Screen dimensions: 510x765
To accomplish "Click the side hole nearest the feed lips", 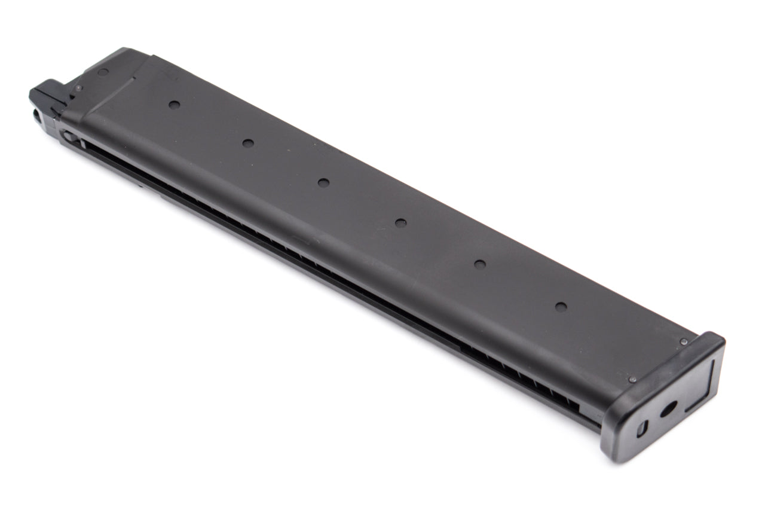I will tap(174, 105).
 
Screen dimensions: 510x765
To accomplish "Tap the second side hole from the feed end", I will tap(248, 143).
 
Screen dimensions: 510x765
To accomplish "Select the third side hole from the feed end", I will tap(323, 182).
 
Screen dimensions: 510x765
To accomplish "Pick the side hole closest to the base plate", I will tap(561, 307).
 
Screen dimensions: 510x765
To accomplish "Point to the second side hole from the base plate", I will tap(479, 264).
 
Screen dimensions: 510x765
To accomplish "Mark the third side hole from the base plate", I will tap(400, 223).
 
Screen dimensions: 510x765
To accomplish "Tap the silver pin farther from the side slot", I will tap(684, 341).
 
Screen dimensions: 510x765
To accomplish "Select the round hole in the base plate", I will tap(668, 409).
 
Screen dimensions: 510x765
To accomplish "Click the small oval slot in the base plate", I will tap(641, 428).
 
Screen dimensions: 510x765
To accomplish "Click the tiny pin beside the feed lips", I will tap(78, 88).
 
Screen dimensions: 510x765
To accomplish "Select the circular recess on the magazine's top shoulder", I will tap(103, 72).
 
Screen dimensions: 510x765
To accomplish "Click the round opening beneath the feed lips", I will tap(38, 116).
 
